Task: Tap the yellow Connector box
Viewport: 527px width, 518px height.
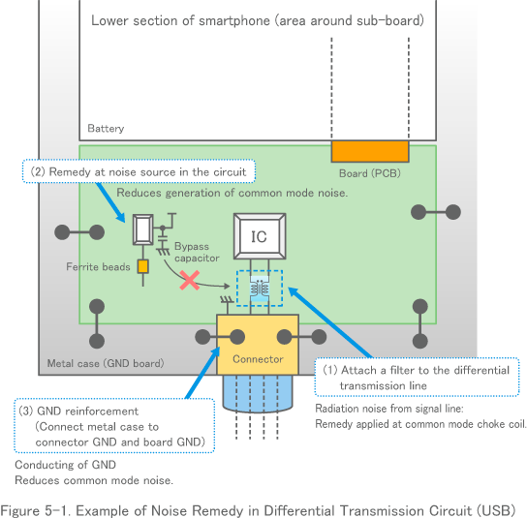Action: [259, 346]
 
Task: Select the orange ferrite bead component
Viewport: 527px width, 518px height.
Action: [142, 266]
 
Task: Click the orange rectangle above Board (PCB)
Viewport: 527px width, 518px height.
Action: [369, 151]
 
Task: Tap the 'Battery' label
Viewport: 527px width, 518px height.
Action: [106, 129]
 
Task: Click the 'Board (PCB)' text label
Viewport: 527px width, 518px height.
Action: [369, 173]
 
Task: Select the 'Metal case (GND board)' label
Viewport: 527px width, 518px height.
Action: [105, 364]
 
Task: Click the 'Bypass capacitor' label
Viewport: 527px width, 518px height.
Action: [197, 253]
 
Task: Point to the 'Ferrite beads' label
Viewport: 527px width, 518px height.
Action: [98, 266]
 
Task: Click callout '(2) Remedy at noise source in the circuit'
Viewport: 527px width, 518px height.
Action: [139, 171]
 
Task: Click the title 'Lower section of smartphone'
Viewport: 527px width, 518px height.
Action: [257, 20]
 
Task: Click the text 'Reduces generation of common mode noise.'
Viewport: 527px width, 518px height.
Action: [232, 193]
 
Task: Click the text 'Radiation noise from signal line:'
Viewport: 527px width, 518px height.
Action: [395, 409]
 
